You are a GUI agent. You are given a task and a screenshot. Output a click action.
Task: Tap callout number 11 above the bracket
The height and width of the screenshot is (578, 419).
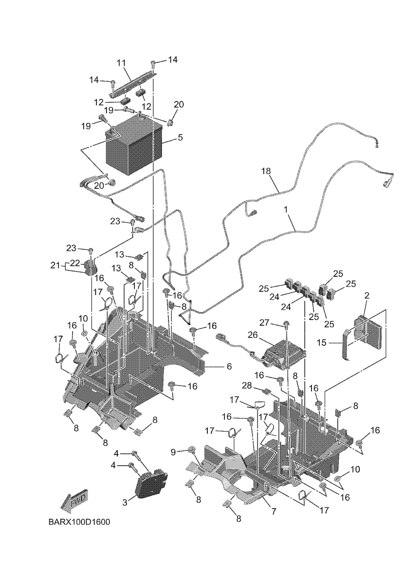[122, 63]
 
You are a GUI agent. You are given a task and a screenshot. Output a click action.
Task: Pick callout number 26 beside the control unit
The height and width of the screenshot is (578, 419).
[253, 336]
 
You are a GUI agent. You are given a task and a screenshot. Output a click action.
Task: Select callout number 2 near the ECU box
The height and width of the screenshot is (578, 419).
[367, 296]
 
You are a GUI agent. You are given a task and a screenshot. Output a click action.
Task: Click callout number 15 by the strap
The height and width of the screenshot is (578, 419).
[321, 343]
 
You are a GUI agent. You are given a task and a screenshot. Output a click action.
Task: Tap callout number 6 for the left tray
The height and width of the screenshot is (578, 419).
[229, 367]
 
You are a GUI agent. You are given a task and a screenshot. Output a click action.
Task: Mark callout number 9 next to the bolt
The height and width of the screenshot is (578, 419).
[173, 453]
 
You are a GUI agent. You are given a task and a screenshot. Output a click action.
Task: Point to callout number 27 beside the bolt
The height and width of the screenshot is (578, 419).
[264, 323]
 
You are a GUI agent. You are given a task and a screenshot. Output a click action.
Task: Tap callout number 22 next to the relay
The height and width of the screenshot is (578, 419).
[75, 263]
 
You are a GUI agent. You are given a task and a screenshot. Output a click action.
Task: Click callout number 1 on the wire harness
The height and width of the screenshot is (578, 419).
[286, 210]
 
